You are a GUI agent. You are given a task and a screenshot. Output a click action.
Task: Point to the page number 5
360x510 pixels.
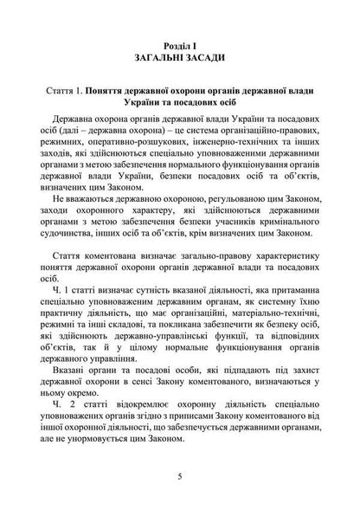coord(180,476)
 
